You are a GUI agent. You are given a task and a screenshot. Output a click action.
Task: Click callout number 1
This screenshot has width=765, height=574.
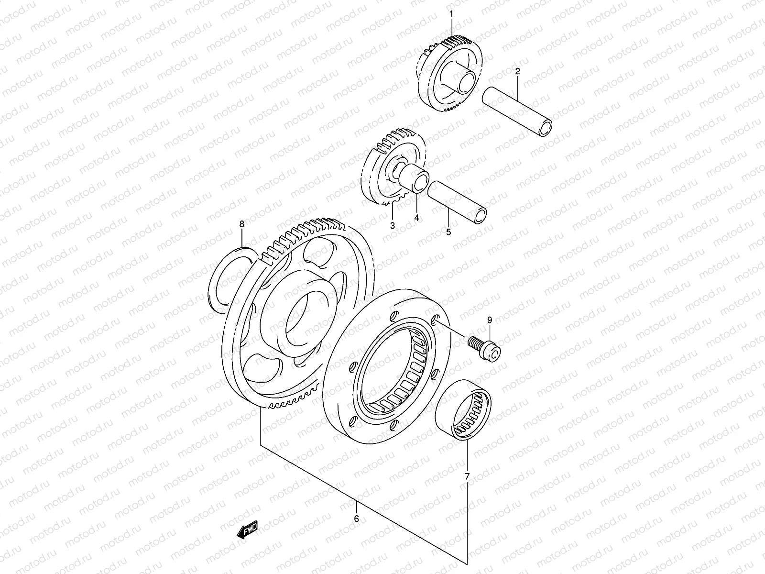click(x=451, y=15)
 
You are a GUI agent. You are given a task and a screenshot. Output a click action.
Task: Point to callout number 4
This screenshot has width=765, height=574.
click(x=416, y=218)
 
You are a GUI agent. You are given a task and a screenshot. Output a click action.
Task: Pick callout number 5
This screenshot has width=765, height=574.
click(x=448, y=232)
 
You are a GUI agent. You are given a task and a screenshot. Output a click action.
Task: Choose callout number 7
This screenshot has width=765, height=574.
click(x=467, y=476)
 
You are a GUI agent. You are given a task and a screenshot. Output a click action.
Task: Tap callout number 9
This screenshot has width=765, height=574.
click(x=489, y=320)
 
